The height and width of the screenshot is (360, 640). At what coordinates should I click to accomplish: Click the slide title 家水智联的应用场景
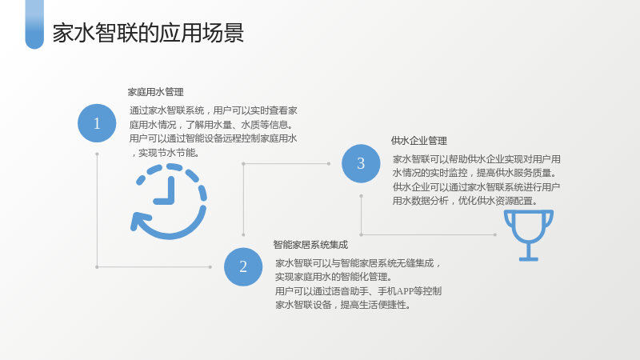pos(148,33)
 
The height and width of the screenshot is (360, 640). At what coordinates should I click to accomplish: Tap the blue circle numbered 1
pos(97,123)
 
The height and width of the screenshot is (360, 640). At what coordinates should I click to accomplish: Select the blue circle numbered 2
pos(243,267)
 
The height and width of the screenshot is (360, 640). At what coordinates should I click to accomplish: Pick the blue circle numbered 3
pos(361,163)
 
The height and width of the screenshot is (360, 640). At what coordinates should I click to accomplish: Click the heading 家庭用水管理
pos(155,92)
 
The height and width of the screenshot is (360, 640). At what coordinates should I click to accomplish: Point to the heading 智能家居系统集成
pos(310,245)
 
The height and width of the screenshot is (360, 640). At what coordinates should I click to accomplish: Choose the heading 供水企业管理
pos(418,141)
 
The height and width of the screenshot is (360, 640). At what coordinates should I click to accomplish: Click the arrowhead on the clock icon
pos(138,222)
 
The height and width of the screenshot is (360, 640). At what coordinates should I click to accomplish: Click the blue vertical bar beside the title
pos(34,25)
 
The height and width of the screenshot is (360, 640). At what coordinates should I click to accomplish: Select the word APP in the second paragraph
pos(405,291)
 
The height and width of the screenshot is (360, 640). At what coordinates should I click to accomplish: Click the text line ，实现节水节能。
pos(165,153)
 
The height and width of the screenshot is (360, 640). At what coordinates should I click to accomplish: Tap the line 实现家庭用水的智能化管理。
pos(334,277)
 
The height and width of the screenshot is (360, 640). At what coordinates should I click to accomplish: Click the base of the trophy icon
pos(529,258)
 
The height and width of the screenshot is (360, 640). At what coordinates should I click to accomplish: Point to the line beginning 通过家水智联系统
pos(214,110)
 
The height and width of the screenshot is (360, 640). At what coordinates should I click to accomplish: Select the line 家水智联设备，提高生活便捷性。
pos(343,305)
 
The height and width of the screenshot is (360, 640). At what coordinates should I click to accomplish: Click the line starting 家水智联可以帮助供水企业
pos(476,159)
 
